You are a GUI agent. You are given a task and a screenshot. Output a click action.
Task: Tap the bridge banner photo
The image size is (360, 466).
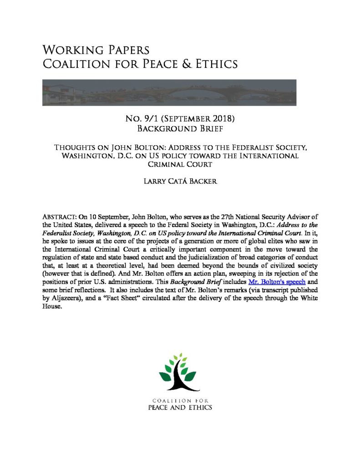(169, 92)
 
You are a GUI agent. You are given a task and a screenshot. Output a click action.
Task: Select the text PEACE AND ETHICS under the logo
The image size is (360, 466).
(180, 407)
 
